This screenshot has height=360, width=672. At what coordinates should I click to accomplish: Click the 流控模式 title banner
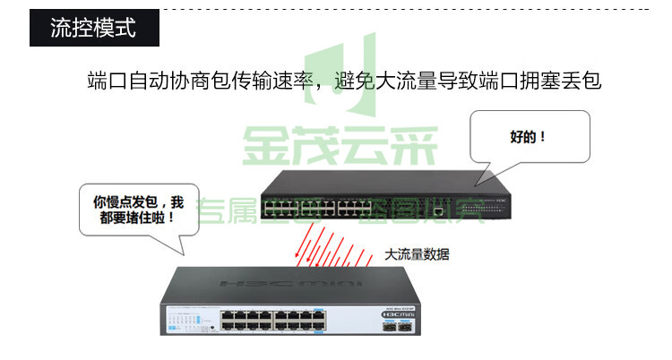[x=93, y=28]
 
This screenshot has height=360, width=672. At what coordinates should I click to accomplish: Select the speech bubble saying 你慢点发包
[x=135, y=210]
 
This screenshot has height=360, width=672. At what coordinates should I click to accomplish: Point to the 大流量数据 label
[x=417, y=254]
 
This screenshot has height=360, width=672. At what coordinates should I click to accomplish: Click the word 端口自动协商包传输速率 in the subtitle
[x=201, y=80]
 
